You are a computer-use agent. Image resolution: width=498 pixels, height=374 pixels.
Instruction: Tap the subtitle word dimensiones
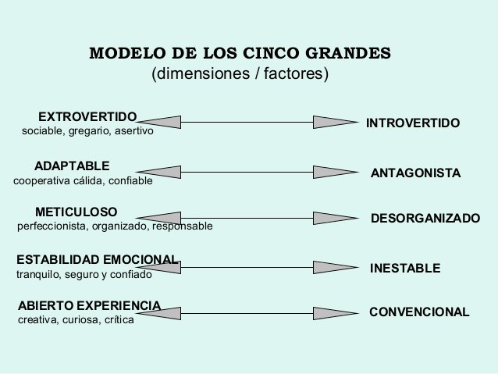[188, 75]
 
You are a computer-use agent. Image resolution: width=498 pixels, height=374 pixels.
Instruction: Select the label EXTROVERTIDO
[87, 116]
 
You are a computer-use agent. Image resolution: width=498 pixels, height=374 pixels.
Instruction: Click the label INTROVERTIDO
[413, 123]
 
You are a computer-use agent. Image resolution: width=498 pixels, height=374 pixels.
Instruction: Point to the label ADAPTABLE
[73, 166]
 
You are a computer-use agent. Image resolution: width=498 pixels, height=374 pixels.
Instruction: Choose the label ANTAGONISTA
[415, 173]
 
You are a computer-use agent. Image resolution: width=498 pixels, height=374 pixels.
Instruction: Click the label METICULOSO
[76, 212]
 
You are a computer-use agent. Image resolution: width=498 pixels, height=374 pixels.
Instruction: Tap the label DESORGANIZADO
[425, 219]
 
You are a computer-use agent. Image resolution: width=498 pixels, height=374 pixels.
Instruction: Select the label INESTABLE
[405, 268]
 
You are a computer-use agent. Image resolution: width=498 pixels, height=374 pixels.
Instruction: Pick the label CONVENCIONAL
[419, 312]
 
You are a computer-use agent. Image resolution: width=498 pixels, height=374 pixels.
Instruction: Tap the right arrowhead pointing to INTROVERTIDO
[334, 122]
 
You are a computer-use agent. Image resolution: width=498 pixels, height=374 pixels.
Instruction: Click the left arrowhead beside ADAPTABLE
[158, 171]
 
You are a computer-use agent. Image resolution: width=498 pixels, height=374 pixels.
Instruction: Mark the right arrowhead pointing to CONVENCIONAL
[334, 312]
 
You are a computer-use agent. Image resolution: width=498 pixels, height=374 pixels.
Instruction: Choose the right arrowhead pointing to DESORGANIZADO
[334, 218]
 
